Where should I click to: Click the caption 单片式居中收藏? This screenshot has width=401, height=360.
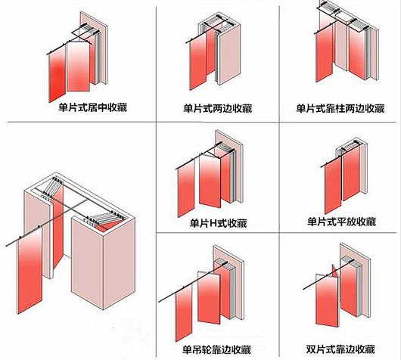pyautogui.click(x=92, y=107)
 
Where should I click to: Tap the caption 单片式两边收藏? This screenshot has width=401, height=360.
pyautogui.click(x=218, y=108)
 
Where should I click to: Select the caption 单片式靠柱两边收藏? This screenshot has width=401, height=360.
pyautogui.click(x=340, y=108)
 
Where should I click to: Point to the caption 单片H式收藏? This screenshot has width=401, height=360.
pyautogui.click(x=218, y=223)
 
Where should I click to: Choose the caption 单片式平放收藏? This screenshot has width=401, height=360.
pyautogui.click(x=342, y=222)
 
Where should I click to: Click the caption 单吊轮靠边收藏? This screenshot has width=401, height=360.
pyautogui.click(x=216, y=349)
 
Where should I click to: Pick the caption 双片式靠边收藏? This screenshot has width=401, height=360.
pyautogui.click(x=340, y=349)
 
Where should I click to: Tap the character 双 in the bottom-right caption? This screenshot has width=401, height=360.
pyautogui.click(x=311, y=349)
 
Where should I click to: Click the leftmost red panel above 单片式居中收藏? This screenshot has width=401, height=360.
pyautogui.click(x=57, y=74)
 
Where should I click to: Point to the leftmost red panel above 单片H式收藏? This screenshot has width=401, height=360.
pyautogui.click(x=186, y=189)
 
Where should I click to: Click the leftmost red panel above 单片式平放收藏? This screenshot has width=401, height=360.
pyautogui.click(x=333, y=185)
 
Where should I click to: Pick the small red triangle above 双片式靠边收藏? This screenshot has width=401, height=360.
pyautogui.click(x=335, y=272)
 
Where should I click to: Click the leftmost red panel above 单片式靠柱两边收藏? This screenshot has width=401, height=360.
pyautogui.click(x=324, y=54)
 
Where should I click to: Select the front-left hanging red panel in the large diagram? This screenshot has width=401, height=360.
pyautogui.click(x=30, y=271)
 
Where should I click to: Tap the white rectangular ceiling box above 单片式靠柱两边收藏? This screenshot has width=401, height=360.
pyautogui.click(x=344, y=17)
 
